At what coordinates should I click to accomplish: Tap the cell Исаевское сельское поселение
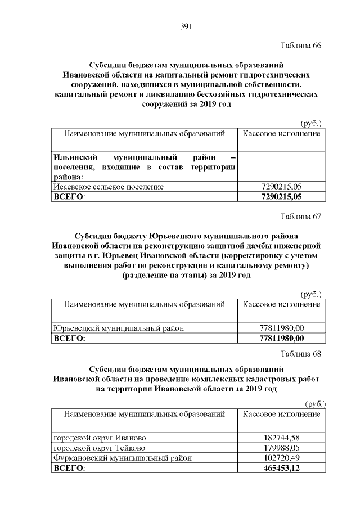point(109,187)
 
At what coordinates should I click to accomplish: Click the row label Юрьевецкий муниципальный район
point(119,328)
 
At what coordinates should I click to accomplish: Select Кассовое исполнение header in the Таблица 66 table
point(282,133)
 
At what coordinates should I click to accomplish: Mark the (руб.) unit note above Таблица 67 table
point(311,294)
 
